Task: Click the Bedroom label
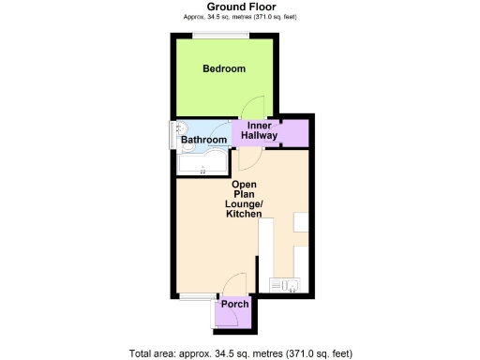(x=224, y=68)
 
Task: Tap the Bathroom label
(x=203, y=141)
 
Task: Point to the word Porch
(x=233, y=306)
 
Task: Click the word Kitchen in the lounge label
(x=245, y=216)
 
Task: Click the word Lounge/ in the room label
(x=247, y=204)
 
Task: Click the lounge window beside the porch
(x=197, y=297)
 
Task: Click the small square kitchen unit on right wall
(x=302, y=222)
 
